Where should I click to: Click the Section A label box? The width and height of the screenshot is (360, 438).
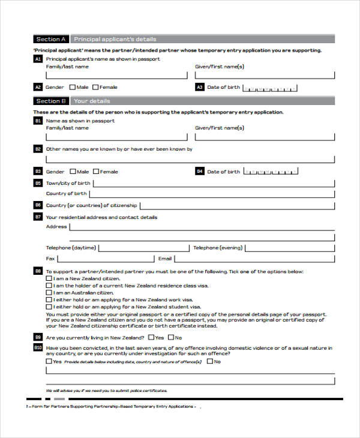click(51, 40)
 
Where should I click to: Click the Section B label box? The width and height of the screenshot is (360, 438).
click(51, 101)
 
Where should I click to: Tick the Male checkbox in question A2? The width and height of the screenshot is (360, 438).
click(73, 87)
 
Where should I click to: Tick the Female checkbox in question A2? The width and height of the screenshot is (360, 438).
click(95, 87)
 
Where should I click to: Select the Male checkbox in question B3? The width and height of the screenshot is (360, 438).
click(73, 172)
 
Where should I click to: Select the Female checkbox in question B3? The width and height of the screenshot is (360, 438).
click(95, 172)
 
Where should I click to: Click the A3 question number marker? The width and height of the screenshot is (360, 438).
click(200, 87)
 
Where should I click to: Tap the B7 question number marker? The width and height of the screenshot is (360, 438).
click(38, 217)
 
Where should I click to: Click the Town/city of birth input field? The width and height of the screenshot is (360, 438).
click(214, 184)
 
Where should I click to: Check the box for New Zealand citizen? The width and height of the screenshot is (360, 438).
click(49, 278)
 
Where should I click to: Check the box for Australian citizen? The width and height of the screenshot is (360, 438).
click(49, 292)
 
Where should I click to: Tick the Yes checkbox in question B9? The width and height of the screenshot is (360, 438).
click(151, 337)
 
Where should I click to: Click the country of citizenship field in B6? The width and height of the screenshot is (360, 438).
click(236, 205)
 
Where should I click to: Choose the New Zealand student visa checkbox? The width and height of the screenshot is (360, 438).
click(49, 307)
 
